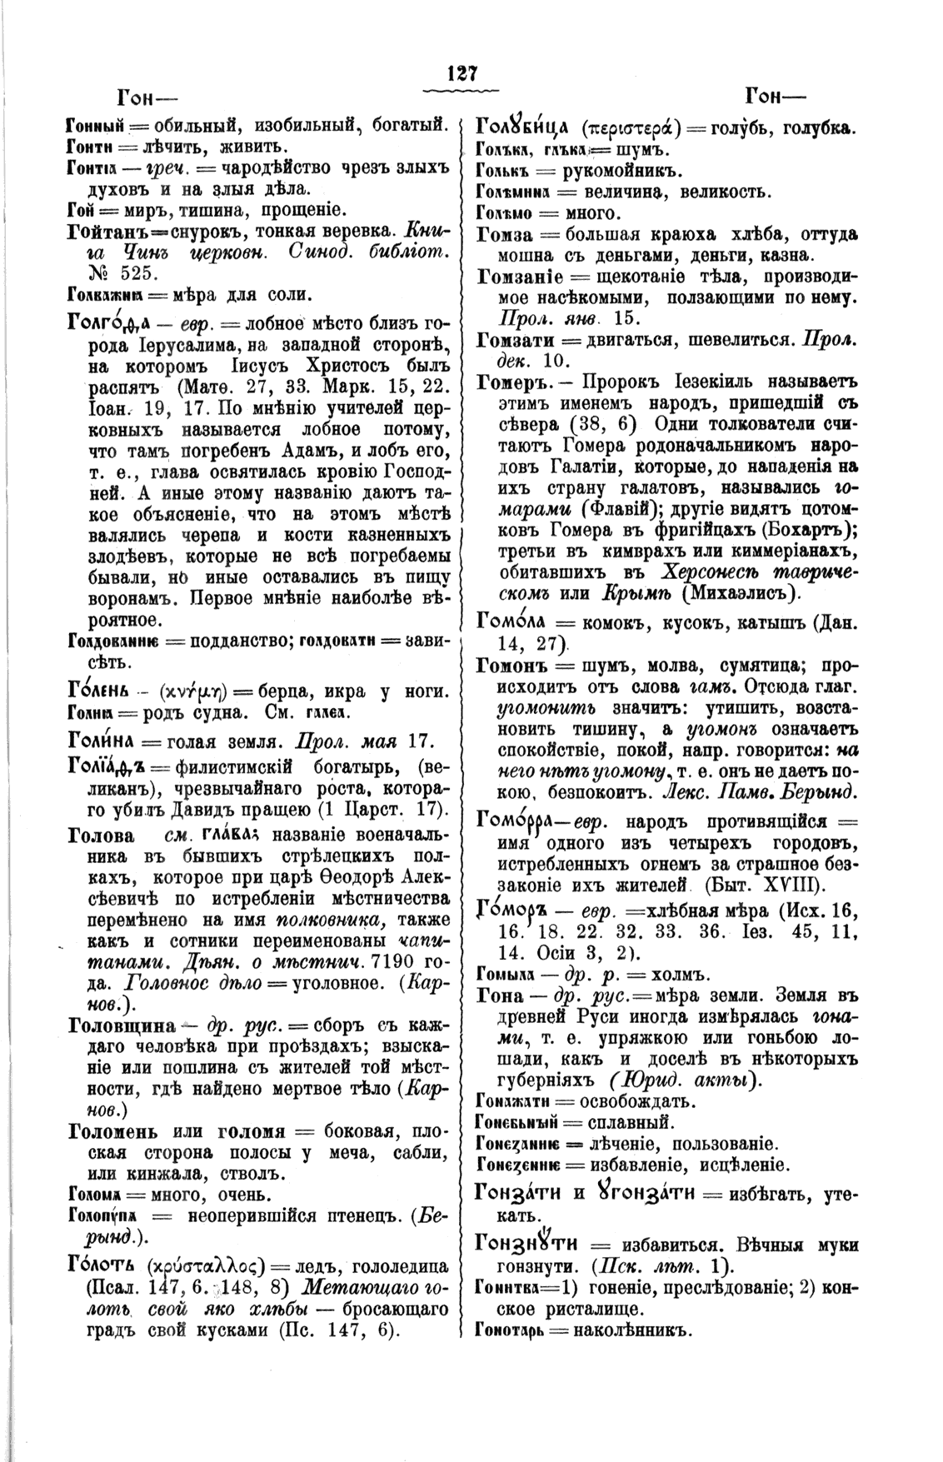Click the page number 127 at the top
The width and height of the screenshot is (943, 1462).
point(460,73)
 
